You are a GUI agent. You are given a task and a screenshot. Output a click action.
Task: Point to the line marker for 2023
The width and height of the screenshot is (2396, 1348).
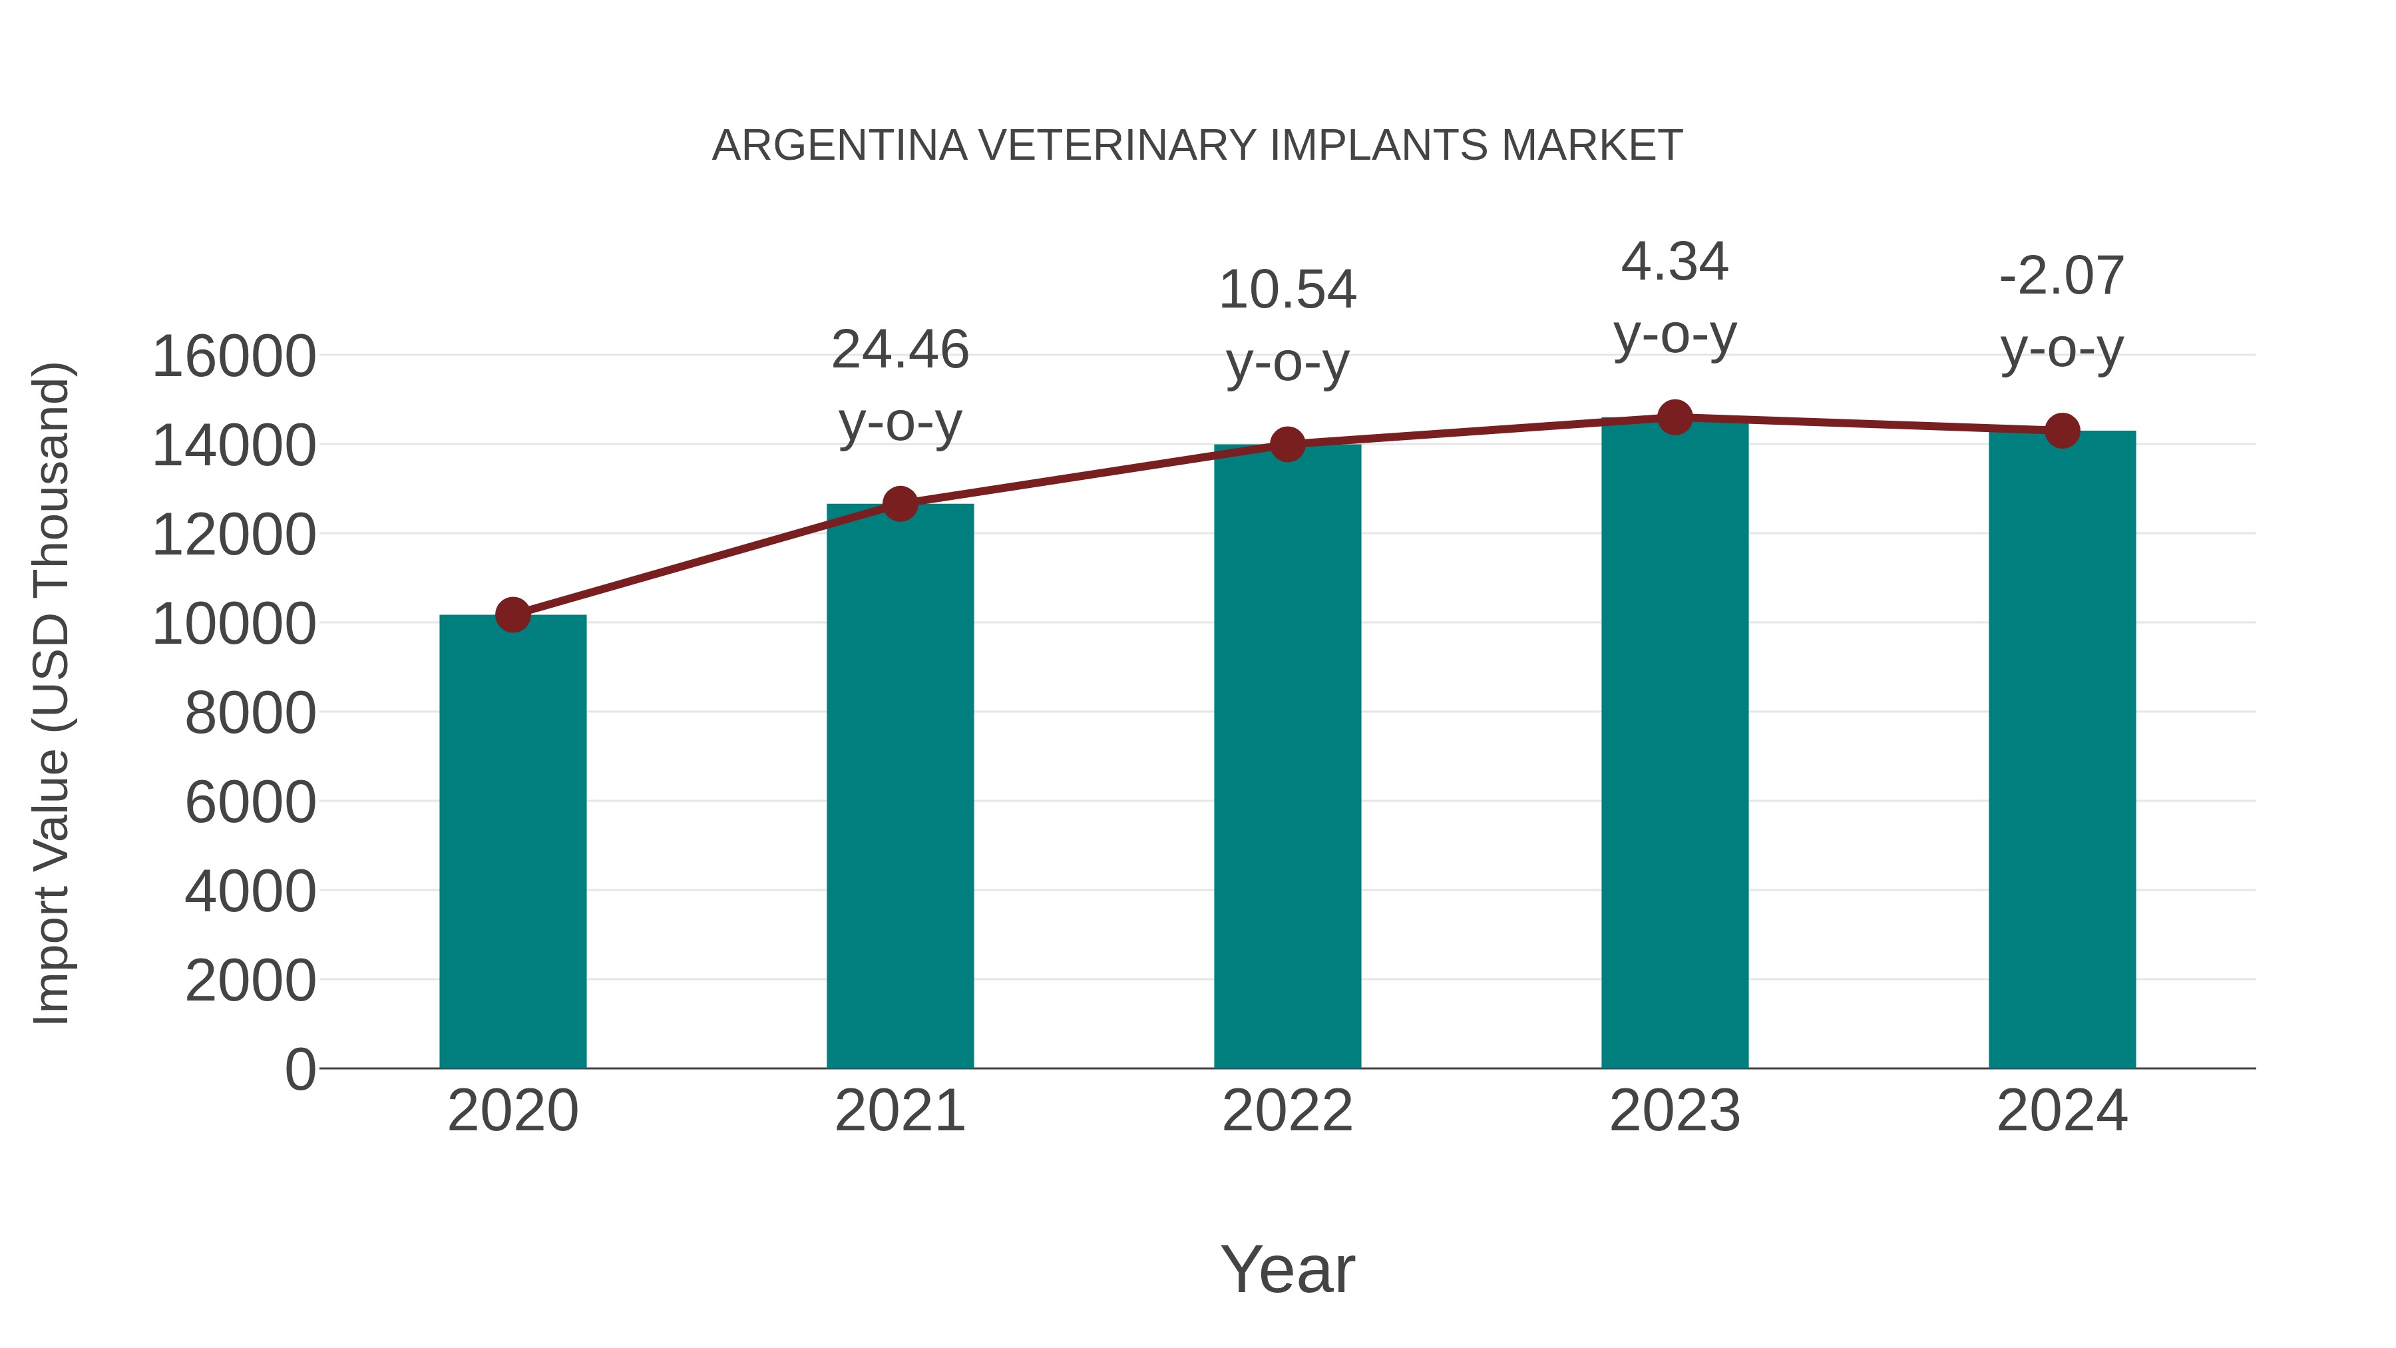pos(1675,417)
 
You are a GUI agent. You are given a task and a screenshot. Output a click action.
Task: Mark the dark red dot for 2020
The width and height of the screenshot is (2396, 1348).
pos(512,615)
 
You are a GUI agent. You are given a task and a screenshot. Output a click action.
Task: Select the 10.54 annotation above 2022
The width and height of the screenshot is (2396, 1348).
pos(1287,290)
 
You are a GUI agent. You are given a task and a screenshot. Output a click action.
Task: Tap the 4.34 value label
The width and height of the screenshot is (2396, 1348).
pos(1675,262)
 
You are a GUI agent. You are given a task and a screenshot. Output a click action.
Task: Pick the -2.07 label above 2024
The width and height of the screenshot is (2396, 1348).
pos(2062,276)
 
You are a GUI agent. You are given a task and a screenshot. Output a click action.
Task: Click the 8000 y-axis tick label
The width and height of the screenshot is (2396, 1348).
pos(250,714)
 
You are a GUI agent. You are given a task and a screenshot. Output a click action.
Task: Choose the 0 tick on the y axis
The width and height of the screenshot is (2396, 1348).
pos(299,1070)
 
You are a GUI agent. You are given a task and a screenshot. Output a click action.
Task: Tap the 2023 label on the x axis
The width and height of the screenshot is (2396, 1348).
pos(1675,1111)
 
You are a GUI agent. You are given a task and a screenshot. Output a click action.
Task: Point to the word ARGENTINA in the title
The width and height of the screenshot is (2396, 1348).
pos(840,146)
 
